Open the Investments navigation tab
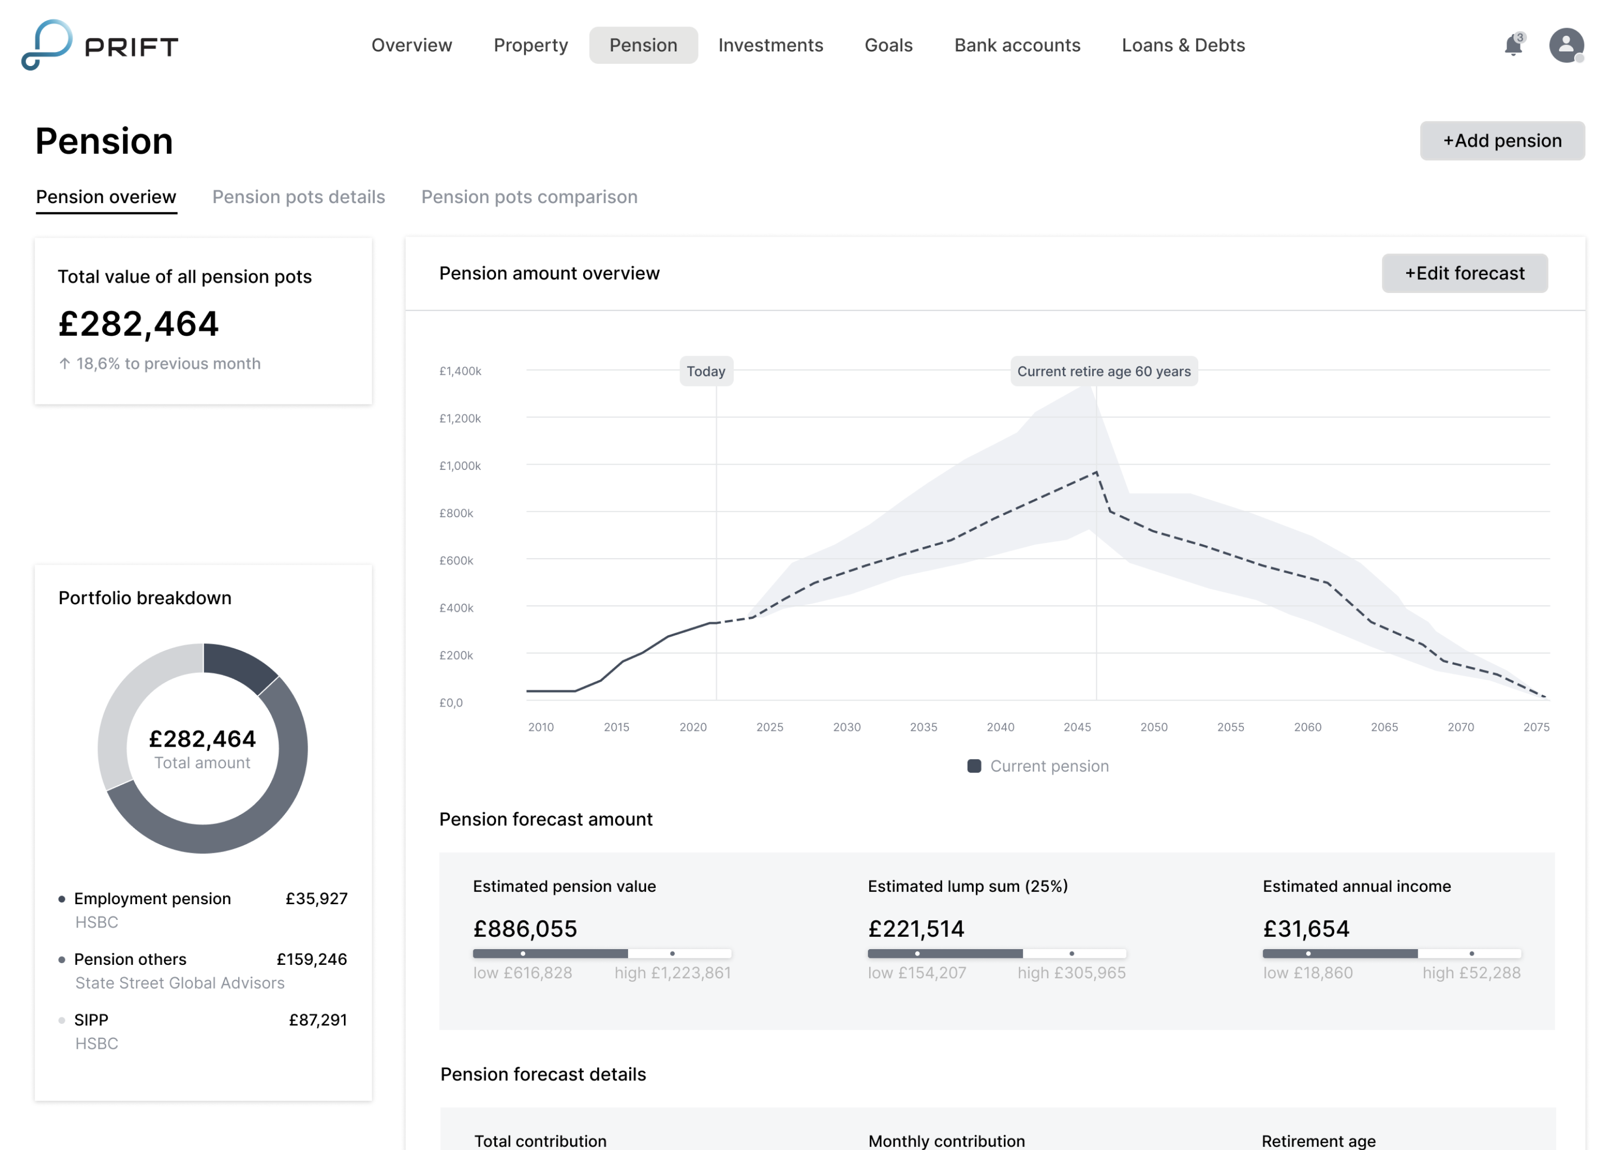[x=771, y=45]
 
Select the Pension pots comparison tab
[x=529, y=197]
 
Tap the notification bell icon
[x=1512, y=46]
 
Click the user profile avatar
[x=1565, y=45]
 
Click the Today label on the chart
[x=706, y=371]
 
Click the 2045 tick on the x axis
[x=1077, y=727]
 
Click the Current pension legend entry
[x=1038, y=766]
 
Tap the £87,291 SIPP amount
[x=318, y=1020]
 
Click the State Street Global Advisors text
[x=180, y=983]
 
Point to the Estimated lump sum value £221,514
[x=916, y=929]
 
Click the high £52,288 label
[x=1471, y=973]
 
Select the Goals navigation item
[x=888, y=45]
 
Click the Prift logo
[x=100, y=45]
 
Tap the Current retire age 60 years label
[x=1103, y=371]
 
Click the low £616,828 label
[x=522, y=973]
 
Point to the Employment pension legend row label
[x=152, y=899]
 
